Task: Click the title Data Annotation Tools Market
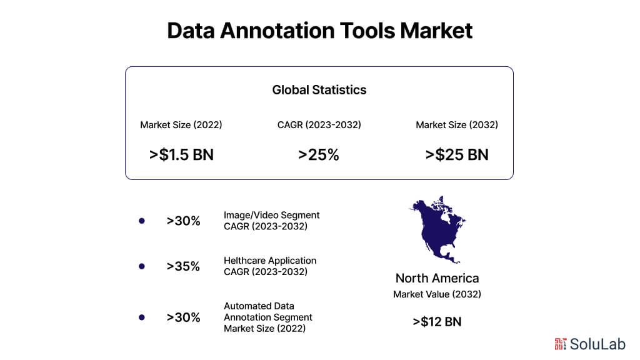(319, 31)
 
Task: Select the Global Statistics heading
(319, 90)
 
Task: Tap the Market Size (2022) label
(181, 125)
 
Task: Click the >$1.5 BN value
(181, 155)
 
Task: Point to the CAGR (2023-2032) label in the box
(319, 125)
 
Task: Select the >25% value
(319, 155)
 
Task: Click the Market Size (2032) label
(457, 125)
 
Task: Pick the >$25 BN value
(457, 155)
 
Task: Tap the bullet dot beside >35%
(141, 266)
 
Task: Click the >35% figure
(183, 266)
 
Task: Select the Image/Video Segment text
(271, 215)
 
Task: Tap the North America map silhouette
(437, 229)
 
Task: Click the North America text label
(437, 278)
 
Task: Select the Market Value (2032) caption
(437, 294)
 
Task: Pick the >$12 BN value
(437, 322)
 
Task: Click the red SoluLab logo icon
(560, 343)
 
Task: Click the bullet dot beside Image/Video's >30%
(141, 221)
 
